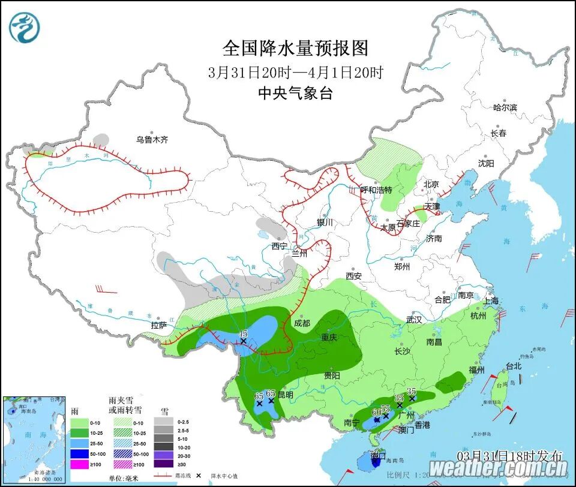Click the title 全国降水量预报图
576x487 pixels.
[x=295, y=47]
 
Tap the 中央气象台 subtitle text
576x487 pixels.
[x=295, y=93]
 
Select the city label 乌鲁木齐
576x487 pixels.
[x=152, y=140]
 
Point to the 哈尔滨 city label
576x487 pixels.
[x=505, y=107]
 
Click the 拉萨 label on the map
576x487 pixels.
[x=159, y=326]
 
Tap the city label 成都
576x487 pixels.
[x=302, y=323]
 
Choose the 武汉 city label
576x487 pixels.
[x=414, y=320]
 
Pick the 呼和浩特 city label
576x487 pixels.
[x=376, y=190]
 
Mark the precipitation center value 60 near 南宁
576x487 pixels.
[x=376, y=412]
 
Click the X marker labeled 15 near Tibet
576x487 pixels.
[x=244, y=341]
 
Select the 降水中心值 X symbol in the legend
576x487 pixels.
[x=197, y=474]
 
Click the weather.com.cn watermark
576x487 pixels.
[x=499, y=467]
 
